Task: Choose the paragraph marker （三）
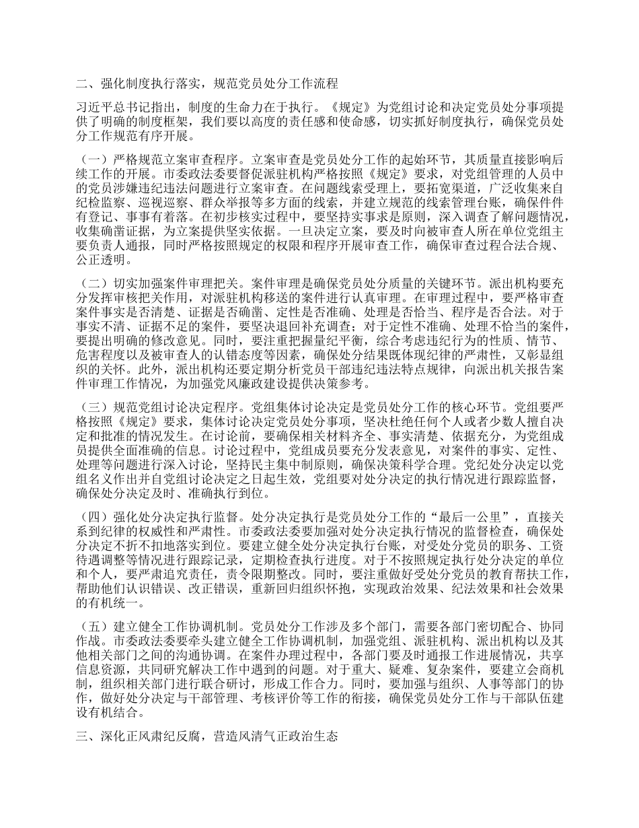[90, 407]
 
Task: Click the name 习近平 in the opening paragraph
[93, 108]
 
